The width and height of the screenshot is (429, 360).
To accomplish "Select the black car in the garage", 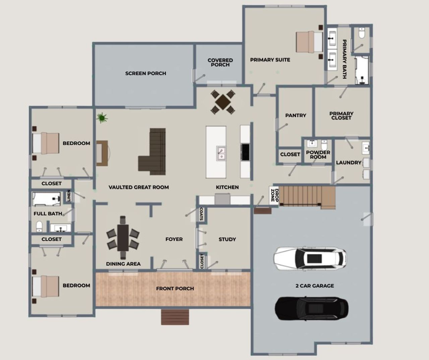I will (x=311, y=308).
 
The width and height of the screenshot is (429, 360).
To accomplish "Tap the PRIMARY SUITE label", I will (x=270, y=60).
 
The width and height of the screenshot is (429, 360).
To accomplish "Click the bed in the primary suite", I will (x=309, y=42).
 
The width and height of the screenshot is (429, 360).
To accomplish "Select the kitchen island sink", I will (x=221, y=153).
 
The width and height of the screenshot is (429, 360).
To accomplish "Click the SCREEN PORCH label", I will (x=145, y=73).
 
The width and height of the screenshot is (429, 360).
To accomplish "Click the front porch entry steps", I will (x=175, y=317).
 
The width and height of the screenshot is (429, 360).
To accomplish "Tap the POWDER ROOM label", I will (x=318, y=155).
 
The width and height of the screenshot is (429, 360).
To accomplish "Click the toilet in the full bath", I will (x=39, y=227).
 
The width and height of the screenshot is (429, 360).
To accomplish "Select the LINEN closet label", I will (x=69, y=196).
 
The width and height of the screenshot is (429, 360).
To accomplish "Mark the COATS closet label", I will (x=201, y=214).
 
